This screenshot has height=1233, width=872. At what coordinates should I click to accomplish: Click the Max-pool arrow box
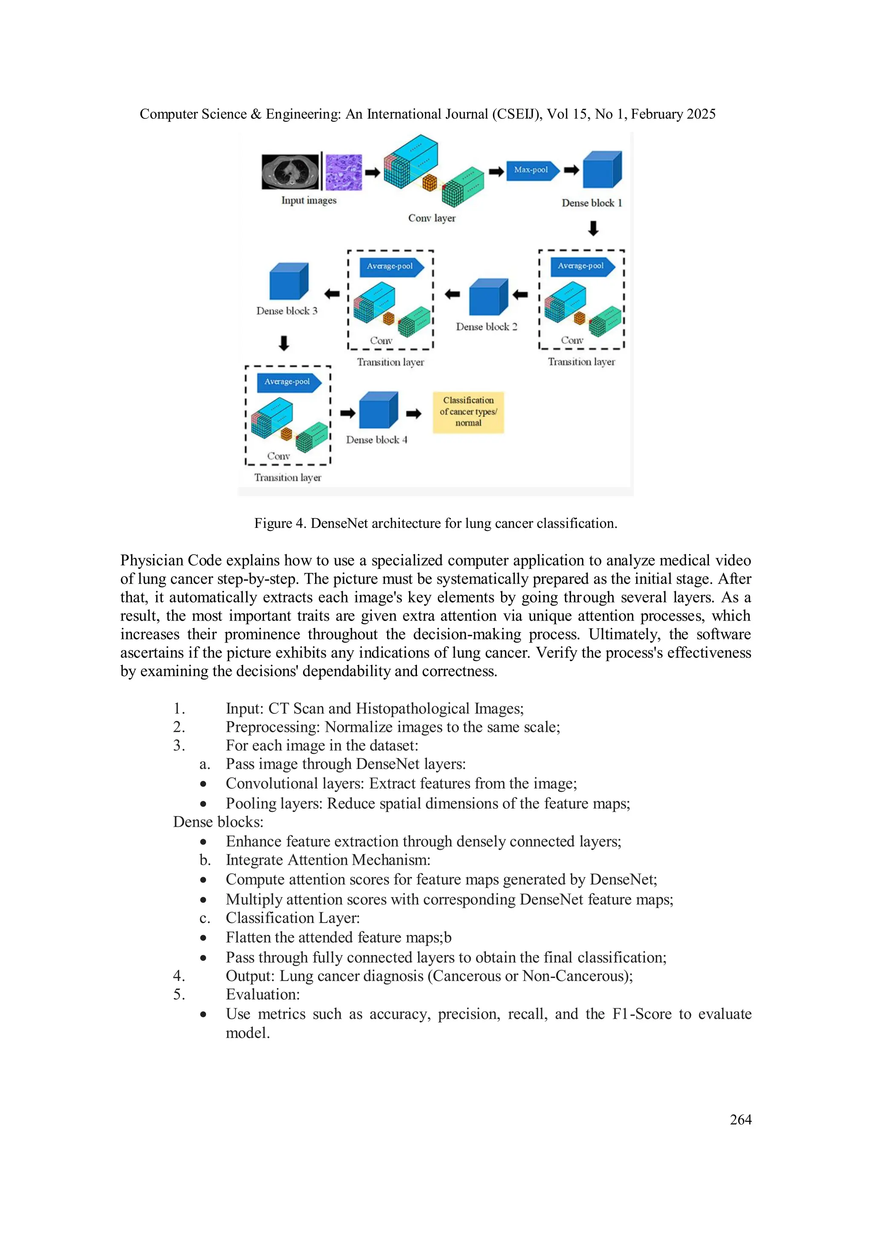(531, 170)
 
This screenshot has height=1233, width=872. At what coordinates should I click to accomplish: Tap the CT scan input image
(290, 172)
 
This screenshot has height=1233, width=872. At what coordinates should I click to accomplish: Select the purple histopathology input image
(344, 172)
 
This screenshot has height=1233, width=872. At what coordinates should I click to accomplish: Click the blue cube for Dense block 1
(601, 170)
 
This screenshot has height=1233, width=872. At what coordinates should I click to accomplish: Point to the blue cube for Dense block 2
(488, 297)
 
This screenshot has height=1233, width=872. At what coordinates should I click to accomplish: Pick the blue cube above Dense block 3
(288, 281)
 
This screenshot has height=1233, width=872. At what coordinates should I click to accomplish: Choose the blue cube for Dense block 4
(378, 410)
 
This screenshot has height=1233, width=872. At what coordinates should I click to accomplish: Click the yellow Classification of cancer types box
(468, 412)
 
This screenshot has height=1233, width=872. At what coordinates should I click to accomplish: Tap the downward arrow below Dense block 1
(593, 228)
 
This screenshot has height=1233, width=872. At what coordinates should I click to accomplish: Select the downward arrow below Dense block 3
(284, 343)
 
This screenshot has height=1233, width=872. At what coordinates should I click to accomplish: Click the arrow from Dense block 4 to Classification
(413, 413)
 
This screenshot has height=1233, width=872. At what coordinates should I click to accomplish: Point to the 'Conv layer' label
(432, 218)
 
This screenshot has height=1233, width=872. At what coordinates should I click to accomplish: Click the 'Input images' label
(309, 200)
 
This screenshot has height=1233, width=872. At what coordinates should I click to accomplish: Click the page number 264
(740, 1119)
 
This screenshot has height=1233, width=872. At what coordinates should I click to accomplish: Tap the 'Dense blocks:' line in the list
(218, 822)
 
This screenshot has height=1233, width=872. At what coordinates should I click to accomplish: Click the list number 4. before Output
(179, 976)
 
